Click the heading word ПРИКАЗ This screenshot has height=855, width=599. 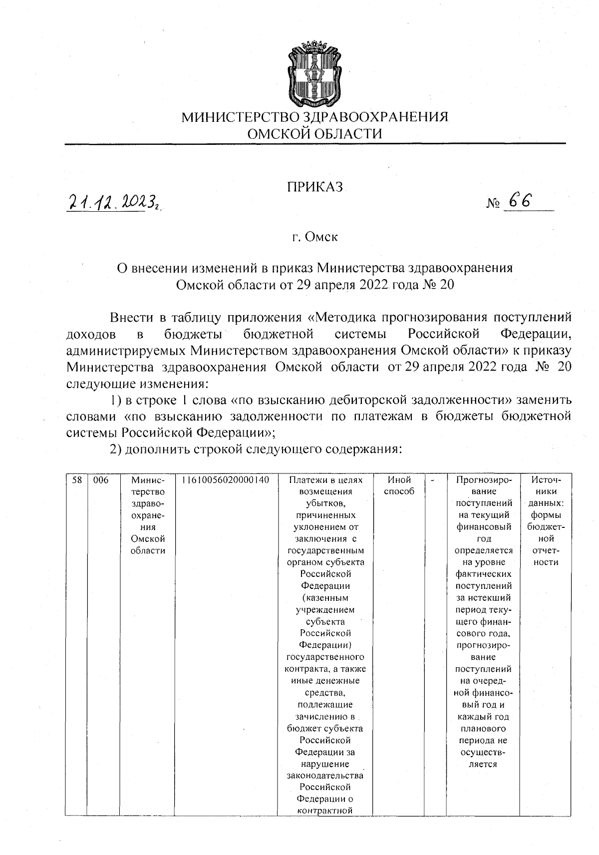[x=314, y=187]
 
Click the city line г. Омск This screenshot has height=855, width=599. [x=314, y=237]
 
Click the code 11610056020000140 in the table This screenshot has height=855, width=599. [x=226, y=480]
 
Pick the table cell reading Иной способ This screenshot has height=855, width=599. [x=399, y=485]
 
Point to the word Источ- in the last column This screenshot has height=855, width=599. [x=546, y=480]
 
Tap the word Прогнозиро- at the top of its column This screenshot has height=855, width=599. [x=484, y=480]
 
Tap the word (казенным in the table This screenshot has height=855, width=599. [x=325, y=598]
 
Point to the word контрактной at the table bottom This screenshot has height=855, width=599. [x=325, y=811]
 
